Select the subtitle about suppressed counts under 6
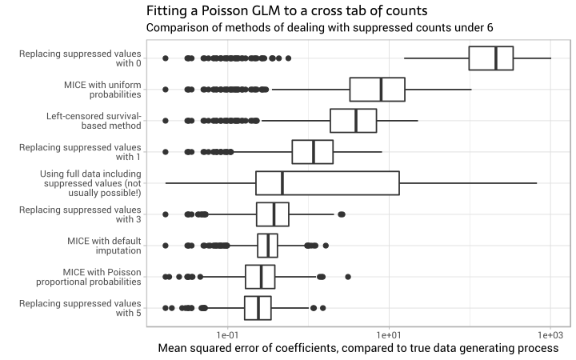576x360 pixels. (x=319, y=28)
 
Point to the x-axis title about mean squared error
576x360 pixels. (x=358, y=348)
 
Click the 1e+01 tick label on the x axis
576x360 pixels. (x=389, y=332)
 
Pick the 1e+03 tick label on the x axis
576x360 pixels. (x=550, y=332)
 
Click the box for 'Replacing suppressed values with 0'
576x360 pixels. (x=490, y=58)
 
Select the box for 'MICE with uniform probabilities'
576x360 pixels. (x=377, y=90)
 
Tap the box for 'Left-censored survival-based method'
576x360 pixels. (x=353, y=121)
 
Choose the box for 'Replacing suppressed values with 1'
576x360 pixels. (x=312, y=152)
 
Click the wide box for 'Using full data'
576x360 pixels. (x=327, y=183)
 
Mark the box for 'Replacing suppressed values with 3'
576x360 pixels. (x=273, y=214)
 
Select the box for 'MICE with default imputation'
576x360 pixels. (x=267, y=246)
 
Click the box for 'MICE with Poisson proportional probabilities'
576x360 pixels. (x=260, y=277)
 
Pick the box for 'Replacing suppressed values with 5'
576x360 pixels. (x=258, y=308)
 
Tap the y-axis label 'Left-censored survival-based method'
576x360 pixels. (x=94, y=121)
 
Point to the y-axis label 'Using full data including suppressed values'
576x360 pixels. (x=90, y=183)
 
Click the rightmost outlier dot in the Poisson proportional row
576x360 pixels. (x=348, y=277)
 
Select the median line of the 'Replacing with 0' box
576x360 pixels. (x=496, y=58)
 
